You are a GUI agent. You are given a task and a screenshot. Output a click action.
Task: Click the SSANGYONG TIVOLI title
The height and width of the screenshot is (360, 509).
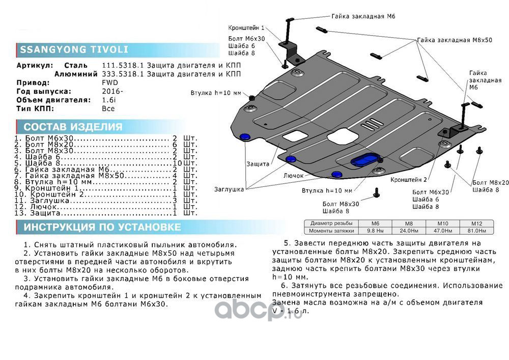tap(74, 50)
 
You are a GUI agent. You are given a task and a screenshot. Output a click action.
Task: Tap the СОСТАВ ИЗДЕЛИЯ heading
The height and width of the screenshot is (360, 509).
tap(73, 127)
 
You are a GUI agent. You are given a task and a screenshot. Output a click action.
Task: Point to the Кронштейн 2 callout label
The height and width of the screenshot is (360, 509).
tap(409, 180)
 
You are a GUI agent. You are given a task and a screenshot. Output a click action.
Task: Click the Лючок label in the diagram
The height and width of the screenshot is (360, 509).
tap(294, 176)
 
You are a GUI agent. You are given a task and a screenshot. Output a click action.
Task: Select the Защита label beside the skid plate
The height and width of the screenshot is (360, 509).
tap(258, 164)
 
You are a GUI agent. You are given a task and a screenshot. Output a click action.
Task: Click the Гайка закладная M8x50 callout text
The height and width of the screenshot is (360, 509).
tap(455, 40)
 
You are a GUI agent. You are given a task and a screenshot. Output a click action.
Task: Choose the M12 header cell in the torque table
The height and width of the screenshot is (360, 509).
tap(476, 224)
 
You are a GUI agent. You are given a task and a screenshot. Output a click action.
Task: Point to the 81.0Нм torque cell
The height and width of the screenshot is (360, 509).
tap(476, 231)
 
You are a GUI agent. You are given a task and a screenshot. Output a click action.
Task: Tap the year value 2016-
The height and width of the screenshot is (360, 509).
tap(112, 91)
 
